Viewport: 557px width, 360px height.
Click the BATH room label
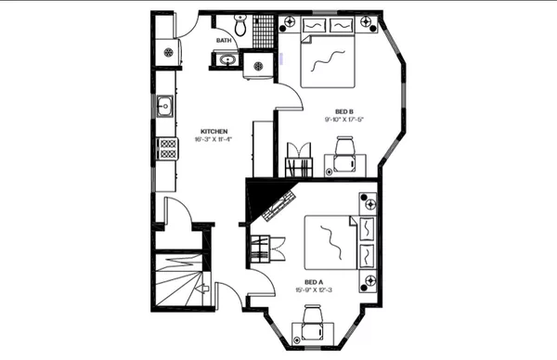pos(224,41)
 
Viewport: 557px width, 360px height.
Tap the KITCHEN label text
pos(214,131)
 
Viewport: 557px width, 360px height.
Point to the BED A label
pos(314,281)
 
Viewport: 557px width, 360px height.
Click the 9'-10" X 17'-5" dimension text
pos(343,120)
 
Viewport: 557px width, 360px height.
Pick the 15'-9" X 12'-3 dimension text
pos(314,289)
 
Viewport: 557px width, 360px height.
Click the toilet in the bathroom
pos(240,27)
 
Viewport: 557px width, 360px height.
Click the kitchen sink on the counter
pos(164,106)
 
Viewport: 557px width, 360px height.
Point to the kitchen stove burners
pos(167,148)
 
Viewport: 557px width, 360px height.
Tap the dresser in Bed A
pos(369,239)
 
